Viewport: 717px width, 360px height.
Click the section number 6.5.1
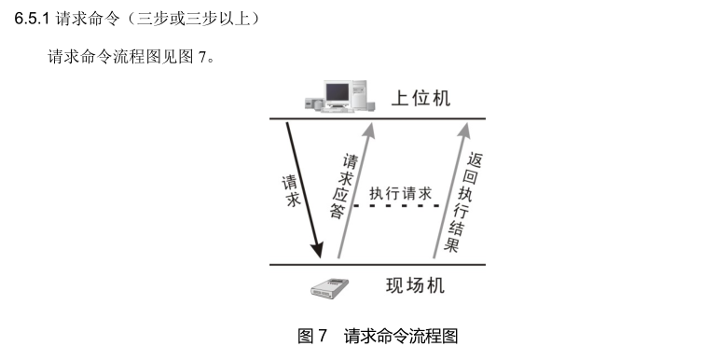tap(33, 19)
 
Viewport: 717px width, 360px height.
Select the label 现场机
tap(415, 285)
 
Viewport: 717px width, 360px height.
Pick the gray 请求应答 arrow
tap(355, 187)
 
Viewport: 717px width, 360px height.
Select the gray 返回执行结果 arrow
tap(451, 187)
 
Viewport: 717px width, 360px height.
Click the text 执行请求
tap(401, 193)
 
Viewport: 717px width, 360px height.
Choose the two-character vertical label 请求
tap(290, 189)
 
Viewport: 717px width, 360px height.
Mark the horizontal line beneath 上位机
tap(378, 118)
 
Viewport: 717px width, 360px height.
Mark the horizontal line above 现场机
tap(378, 265)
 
